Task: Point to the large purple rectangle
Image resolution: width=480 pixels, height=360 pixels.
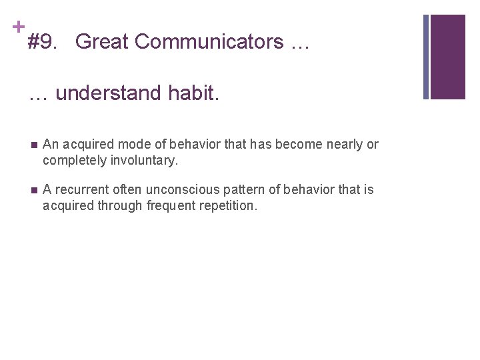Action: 448,57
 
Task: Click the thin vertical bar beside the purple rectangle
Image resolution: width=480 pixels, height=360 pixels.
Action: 427,57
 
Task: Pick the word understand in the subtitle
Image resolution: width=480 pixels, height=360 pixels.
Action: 107,93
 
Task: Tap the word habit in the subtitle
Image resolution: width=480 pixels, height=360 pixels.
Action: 193,93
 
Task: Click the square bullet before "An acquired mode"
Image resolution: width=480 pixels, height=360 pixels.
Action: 33,145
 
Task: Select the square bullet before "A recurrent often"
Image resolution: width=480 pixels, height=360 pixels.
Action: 33,190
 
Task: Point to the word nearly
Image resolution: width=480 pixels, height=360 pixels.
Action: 345,145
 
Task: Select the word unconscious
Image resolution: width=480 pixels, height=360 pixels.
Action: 169,190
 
